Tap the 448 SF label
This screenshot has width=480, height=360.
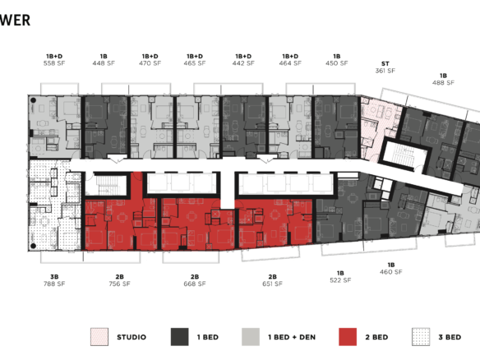pos(104,62)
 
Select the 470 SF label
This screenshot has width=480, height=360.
pos(150,62)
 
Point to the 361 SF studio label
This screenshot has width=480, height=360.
pos(385,71)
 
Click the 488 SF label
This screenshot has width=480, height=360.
pos(443,82)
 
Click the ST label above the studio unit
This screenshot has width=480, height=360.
pos(385,63)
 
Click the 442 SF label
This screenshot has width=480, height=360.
pos(243,62)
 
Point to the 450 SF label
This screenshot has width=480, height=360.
pos(337,62)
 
